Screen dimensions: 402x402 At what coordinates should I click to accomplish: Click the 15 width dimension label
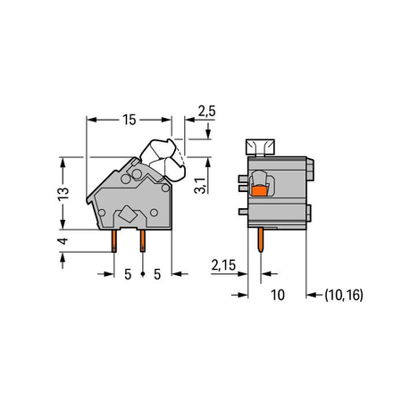(130, 120)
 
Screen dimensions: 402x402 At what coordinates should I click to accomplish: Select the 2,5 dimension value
(206, 111)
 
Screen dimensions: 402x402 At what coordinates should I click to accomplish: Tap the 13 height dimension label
(63, 193)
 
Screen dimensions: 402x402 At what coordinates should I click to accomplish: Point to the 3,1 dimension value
(200, 185)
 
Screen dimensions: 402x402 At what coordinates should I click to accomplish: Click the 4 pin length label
(63, 241)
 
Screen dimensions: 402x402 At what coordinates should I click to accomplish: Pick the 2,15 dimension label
(223, 265)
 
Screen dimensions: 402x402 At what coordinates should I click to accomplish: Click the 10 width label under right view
(278, 295)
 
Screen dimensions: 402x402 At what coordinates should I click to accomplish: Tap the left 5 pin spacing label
(128, 274)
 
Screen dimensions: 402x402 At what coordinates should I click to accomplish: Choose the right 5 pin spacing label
(157, 274)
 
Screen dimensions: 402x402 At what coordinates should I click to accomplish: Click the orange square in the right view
(259, 191)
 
